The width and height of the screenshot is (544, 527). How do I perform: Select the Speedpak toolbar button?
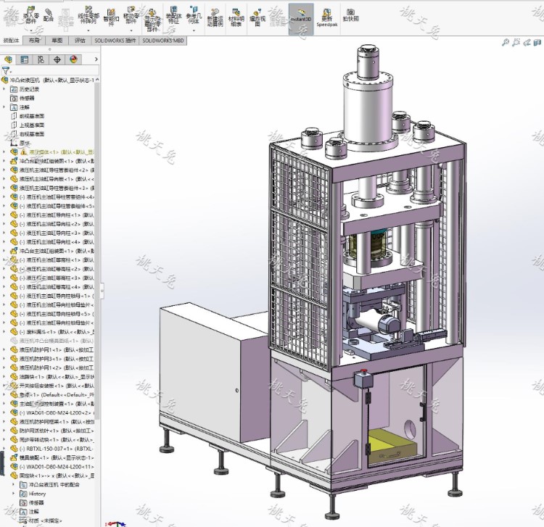click(326, 17)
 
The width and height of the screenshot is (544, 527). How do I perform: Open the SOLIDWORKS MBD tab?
click(163, 41)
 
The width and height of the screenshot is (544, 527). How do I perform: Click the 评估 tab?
click(80, 41)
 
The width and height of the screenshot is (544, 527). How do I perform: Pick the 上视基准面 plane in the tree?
click(31, 125)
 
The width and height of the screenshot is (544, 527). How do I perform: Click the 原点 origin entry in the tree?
click(25, 143)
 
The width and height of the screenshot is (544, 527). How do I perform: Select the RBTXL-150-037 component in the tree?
click(51, 448)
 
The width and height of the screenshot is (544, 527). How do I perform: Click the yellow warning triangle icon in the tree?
click(23, 152)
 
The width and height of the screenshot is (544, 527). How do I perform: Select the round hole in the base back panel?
click(422, 418)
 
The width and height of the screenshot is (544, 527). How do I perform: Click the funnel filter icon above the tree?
click(6, 71)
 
